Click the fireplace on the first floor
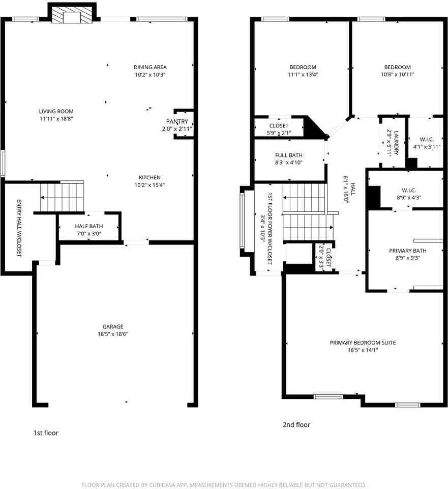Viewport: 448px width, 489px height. pyautogui.click(x=72, y=15)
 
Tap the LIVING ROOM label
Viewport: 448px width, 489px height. pyautogui.click(x=56, y=112)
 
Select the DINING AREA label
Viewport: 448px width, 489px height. pyautogui.click(x=150, y=67)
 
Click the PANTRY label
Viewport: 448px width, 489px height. pyautogui.click(x=177, y=121)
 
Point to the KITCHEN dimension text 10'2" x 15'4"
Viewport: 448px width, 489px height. pyautogui.click(x=150, y=185)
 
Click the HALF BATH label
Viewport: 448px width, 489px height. pyautogui.click(x=88, y=226)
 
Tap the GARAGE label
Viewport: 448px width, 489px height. pyautogui.click(x=113, y=327)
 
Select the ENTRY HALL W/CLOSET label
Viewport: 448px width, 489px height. pyautogui.click(x=19, y=228)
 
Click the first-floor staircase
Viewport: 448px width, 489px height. pyautogui.click(x=62, y=197)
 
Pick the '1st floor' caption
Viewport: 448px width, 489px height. pyautogui.click(x=46, y=433)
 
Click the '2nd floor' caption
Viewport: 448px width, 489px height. pyautogui.click(x=296, y=424)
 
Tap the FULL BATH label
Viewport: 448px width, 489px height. pyautogui.click(x=289, y=155)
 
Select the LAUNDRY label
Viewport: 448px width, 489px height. pyautogui.click(x=396, y=143)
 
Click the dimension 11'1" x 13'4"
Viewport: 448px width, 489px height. pyautogui.click(x=303, y=74)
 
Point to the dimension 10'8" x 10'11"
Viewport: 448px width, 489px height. pyautogui.click(x=398, y=74)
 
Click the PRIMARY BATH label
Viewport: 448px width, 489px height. pyautogui.click(x=408, y=251)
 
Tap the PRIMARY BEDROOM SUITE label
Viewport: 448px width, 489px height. pyautogui.click(x=363, y=343)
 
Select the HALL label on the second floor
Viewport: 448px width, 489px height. pyautogui.click(x=353, y=189)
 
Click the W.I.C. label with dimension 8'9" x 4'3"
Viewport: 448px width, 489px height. pyautogui.click(x=409, y=190)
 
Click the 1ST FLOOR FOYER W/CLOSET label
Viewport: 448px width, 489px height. pyautogui.click(x=270, y=229)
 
